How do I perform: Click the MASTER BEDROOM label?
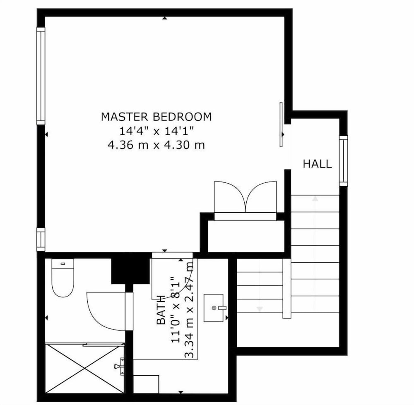click(x=156, y=117)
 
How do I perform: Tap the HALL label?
click(x=317, y=164)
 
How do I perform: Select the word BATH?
click(x=161, y=310)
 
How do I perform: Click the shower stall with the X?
click(x=84, y=368)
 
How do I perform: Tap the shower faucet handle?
click(x=119, y=366)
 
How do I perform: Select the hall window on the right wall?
click(x=343, y=161)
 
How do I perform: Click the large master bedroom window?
click(x=41, y=76)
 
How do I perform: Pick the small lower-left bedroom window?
click(x=41, y=240)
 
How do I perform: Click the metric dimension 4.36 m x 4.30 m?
click(x=156, y=145)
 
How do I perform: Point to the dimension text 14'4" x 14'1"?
click(x=156, y=131)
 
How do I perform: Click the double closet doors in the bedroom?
click(x=245, y=197)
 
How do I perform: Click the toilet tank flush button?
click(x=63, y=264)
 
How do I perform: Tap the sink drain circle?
click(x=214, y=308)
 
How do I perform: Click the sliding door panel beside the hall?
click(x=281, y=125)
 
